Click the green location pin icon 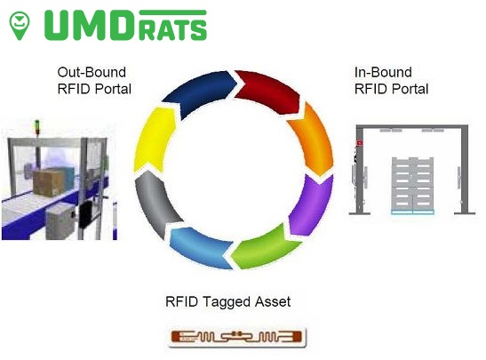click(x=20, y=25)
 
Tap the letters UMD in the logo click(x=90, y=26)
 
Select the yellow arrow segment click(x=154, y=140)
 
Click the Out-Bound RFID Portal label click(x=94, y=81)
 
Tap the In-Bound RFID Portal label click(x=391, y=81)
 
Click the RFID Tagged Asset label click(x=227, y=301)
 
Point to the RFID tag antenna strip click(x=237, y=337)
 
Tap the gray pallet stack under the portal click(x=412, y=185)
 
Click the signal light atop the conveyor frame click(x=37, y=127)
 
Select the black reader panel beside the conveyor click(x=86, y=213)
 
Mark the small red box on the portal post click(x=360, y=143)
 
